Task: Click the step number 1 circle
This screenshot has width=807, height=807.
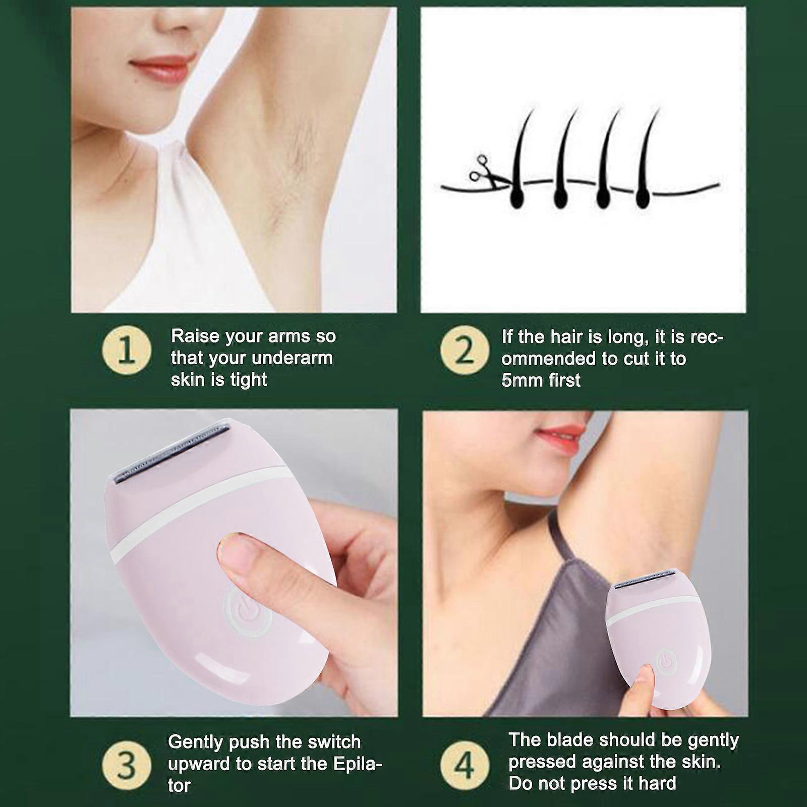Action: [x=127, y=352]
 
